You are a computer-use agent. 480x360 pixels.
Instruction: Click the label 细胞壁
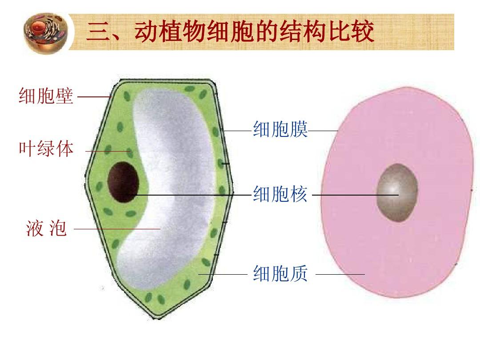[x=46, y=96]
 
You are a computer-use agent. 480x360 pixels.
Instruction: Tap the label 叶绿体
[x=46, y=149]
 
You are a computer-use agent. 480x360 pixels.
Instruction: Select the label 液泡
[x=46, y=228]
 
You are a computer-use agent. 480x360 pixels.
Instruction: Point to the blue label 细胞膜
[x=280, y=129]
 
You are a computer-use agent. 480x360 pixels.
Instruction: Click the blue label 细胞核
[x=280, y=194]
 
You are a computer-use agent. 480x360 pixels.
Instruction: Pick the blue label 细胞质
[x=280, y=273]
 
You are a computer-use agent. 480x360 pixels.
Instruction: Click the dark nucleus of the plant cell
[x=123, y=182]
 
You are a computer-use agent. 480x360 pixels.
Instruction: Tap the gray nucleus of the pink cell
[x=397, y=192]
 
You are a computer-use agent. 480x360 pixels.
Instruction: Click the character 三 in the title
[x=98, y=32]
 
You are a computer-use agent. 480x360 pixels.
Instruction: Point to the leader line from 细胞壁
[x=94, y=97]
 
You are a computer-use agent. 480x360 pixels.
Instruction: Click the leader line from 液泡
[x=117, y=229]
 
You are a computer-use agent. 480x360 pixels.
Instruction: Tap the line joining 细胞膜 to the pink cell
[x=323, y=131]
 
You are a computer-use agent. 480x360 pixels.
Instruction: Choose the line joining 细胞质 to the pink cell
[x=340, y=274]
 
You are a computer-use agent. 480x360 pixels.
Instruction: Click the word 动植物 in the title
[x=170, y=32]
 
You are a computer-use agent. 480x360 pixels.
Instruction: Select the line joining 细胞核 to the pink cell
[x=356, y=195]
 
